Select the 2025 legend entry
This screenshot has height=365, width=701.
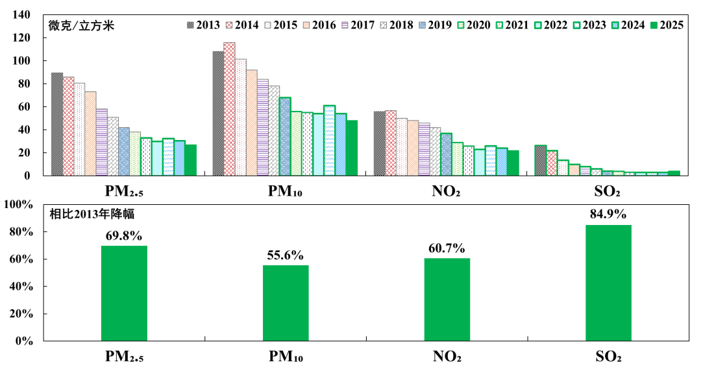point(666,25)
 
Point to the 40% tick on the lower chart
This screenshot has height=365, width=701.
point(21,287)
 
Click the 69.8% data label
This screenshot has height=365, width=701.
point(124,236)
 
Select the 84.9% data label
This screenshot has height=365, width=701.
point(608,215)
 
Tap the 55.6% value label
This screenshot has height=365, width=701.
point(286,255)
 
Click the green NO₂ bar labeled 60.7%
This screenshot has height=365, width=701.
point(447,299)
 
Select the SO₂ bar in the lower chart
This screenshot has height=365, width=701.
point(608,283)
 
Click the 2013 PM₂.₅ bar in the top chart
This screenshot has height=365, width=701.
point(57,124)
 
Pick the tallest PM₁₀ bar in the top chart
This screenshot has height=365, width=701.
point(229,109)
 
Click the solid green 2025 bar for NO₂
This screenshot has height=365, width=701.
point(513,163)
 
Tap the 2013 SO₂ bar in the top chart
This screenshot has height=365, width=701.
point(540,160)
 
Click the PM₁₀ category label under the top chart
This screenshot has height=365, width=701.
point(285,193)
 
